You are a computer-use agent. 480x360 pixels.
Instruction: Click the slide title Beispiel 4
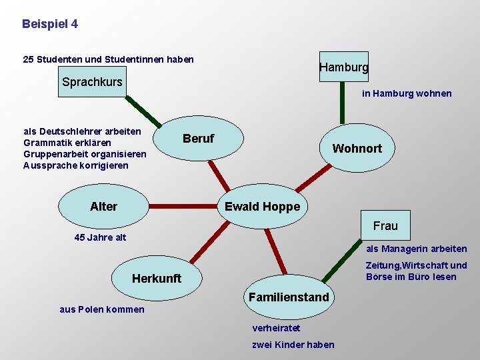(x=50, y=24)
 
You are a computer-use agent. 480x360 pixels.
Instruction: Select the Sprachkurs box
(x=92, y=82)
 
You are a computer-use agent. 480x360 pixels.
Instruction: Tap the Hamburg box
(x=343, y=67)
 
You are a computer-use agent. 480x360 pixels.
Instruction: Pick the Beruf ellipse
(x=198, y=139)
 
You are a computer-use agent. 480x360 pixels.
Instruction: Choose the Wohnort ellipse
(x=357, y=148)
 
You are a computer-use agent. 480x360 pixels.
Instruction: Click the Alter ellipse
(x=103, y=207)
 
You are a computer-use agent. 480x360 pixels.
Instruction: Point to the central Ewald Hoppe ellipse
(x=262, y=207)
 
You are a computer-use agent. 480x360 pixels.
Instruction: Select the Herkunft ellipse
(x=157, y=279)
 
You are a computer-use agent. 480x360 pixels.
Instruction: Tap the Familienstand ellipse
(x=289, y=297)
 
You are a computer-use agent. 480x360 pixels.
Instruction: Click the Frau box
(x=385, y=226)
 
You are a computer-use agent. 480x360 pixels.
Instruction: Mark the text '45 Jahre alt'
(x=100, y=237)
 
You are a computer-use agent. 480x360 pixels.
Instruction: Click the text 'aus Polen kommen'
(x=102, y=309)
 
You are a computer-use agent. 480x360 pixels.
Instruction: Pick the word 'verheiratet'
(x=276, y=328)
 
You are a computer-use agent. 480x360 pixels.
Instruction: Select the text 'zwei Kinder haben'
(x=293, y=344)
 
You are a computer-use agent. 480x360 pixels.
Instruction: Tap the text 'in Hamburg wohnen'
(x=407, y=94)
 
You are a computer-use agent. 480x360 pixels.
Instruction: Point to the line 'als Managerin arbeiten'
(x=417, y=249)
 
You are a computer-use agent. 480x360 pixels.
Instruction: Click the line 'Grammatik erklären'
(x=67, y=143)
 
